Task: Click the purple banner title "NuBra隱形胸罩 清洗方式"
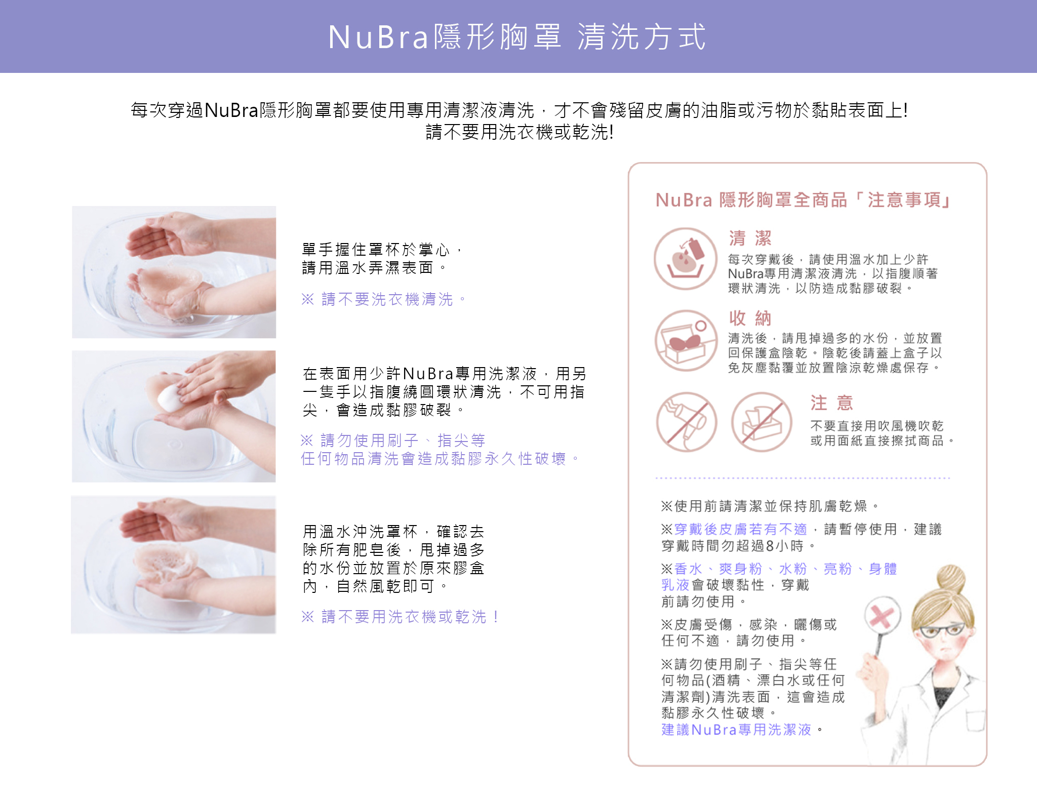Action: (x=517, y=37)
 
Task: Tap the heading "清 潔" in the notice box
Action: (x=750, y=238)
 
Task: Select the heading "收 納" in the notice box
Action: (x=750, y=318)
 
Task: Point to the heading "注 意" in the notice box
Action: (x=831, y=403)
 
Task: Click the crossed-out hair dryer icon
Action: (x=687, y=422)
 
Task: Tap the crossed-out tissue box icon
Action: (x=761, y=422)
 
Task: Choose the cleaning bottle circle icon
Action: (x=686, y=258)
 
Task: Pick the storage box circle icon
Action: (x=686, y=340)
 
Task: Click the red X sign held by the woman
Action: (x=882, y=616)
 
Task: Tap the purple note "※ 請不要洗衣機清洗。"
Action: (x=384, y=299)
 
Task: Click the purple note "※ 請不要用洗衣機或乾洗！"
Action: (x=400, y=617)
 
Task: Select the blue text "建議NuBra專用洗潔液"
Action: (x=737, y=730)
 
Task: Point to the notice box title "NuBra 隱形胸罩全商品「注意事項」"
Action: (x=803, y=200)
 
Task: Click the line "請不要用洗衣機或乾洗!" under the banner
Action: (x=520, y=132)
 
